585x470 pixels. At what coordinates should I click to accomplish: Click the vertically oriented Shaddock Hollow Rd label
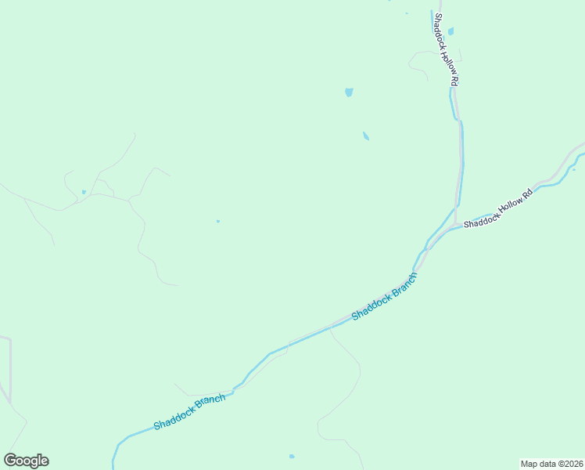click(447, 49)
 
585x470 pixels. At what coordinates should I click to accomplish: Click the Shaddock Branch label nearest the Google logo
click(189, 412)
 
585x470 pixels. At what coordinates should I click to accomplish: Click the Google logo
click(26, 461)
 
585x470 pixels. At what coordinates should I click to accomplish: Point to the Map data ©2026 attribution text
click(551, 463)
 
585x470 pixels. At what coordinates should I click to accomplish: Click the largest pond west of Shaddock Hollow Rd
click(349, 92)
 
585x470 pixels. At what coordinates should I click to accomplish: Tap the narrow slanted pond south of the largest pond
click(366, 136)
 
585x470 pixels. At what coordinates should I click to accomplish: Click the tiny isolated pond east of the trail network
click(218, 221)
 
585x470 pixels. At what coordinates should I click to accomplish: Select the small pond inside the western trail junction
click(84, 192)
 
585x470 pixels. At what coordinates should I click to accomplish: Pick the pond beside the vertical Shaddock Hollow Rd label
click(451, 31)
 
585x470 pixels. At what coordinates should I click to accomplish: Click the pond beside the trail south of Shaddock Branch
click(292, 456)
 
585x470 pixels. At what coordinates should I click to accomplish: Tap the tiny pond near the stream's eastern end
click(573, 169)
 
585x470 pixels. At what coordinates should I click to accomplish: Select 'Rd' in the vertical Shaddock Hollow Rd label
click(454, 80)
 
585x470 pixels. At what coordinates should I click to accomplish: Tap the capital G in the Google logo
click(10, 461)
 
